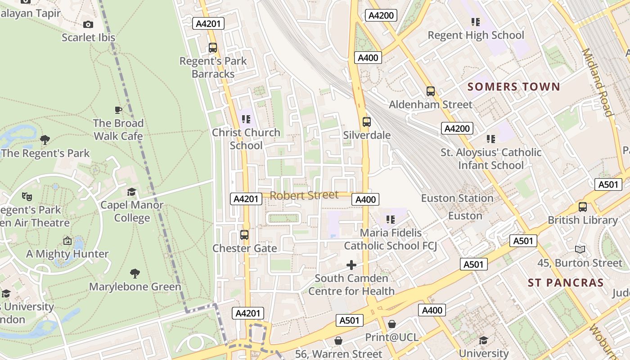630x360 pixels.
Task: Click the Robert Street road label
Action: coord(304,195)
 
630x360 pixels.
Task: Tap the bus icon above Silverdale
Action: coord(367,121)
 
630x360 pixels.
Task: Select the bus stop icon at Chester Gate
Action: coord(244,235)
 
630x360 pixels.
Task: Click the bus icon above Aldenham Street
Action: coord(431,91)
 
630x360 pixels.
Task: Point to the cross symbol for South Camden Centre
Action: coord(351,265)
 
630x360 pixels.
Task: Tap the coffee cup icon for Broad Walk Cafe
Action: coord(118,110)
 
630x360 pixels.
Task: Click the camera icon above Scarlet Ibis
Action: coord(88,24)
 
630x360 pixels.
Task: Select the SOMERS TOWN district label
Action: coord(513,87)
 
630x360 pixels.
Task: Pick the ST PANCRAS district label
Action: coord(566,283)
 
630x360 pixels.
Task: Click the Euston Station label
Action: coord(457,198)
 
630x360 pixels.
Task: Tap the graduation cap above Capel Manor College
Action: coord(131,192)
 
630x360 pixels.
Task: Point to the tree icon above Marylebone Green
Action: coord(135,273)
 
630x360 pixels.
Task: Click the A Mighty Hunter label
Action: coord(67,254)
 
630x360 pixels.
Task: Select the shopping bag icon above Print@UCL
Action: coord(392,324)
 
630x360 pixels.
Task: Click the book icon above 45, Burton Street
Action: coord(580,249)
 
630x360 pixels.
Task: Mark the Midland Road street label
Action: coord(598,82)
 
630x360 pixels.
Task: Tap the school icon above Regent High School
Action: coord(476,22)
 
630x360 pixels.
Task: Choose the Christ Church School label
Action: coord(246,139)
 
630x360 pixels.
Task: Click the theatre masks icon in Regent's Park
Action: coord(27,196)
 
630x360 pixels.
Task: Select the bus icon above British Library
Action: coord(583,207)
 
